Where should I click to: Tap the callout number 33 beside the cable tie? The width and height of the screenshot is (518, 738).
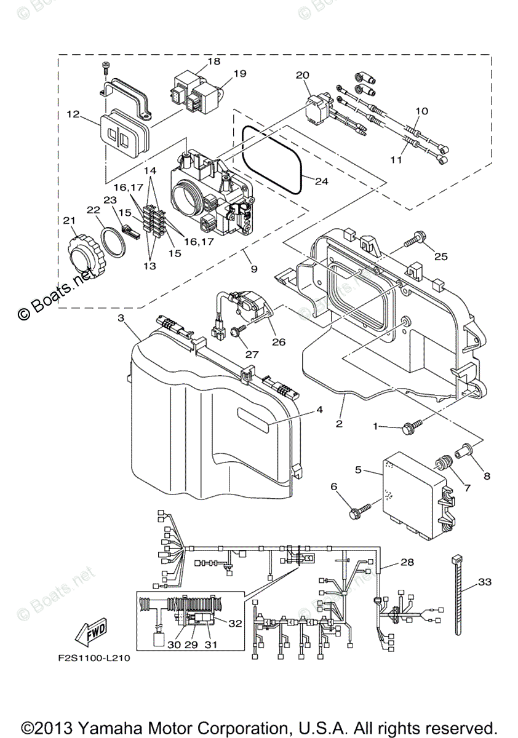tap(485, 582)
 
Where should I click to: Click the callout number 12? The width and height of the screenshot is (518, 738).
tap(73, 114)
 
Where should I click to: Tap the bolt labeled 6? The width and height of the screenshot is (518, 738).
tap(359, 509)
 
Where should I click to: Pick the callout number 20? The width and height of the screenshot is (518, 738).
tap(301, 74)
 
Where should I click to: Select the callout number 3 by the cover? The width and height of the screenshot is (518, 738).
tap(121, 318)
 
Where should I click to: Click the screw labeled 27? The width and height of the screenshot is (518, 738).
tap(236, 331)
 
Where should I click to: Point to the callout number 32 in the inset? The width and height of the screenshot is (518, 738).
tap(234, 622)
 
